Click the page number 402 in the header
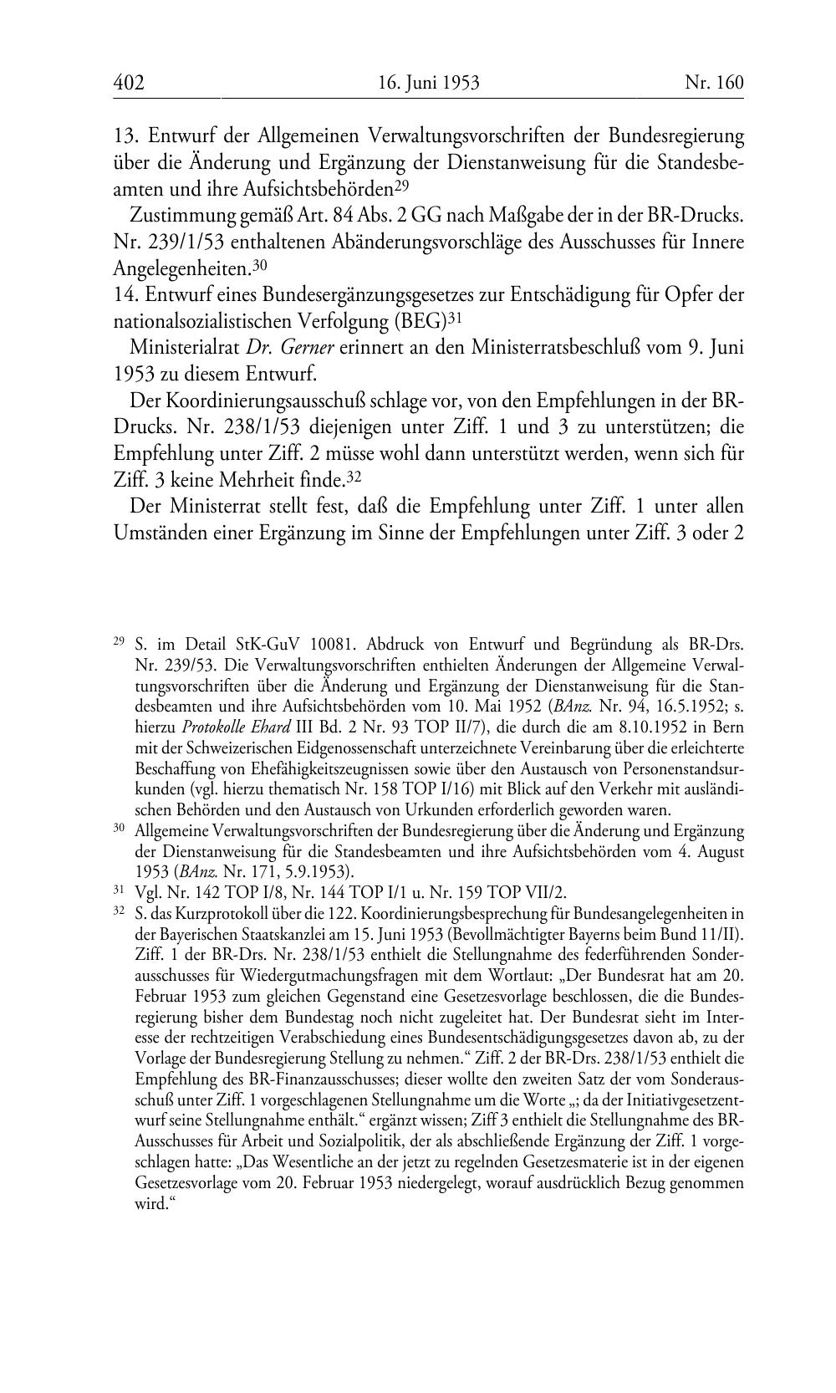coord(129,83)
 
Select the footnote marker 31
coord(118,890)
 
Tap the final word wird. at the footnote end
coord(151,1205)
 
